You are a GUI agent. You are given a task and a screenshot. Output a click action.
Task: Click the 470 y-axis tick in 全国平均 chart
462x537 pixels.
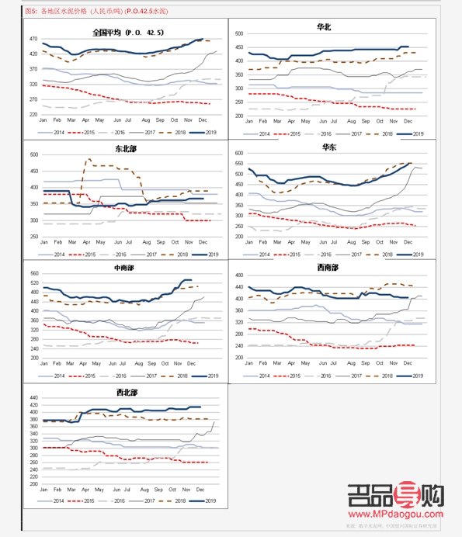[33, 39]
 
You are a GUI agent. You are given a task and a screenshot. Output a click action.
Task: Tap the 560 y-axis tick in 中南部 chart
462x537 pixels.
[33, 273]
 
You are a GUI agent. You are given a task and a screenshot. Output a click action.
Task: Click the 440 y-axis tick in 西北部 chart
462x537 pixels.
[33, 396]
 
